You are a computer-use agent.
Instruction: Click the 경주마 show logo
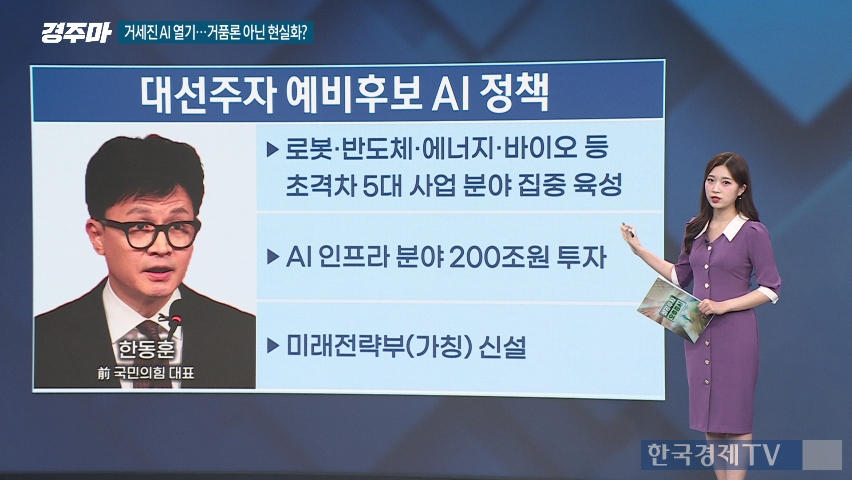[76, 33]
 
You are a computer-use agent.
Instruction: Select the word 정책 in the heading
[514, 93]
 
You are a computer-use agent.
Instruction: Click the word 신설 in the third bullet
[503, 346]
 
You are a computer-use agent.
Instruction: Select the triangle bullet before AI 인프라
[273, 257]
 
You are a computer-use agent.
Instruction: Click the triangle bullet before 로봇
[273, 149]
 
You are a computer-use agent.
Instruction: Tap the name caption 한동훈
[147, 348]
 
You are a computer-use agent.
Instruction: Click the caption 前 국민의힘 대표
[146, 373]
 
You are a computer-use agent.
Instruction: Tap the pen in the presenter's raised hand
[628, 230]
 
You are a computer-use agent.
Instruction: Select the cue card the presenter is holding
[675, 309]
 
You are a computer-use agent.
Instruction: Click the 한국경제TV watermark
[713, 454]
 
